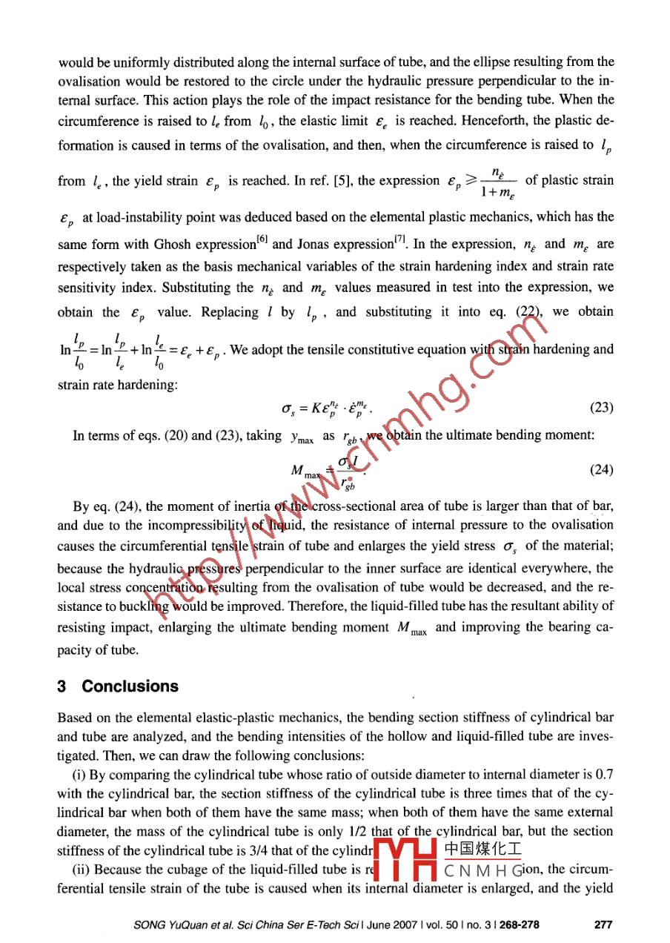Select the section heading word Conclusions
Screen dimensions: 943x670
[130, 686]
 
